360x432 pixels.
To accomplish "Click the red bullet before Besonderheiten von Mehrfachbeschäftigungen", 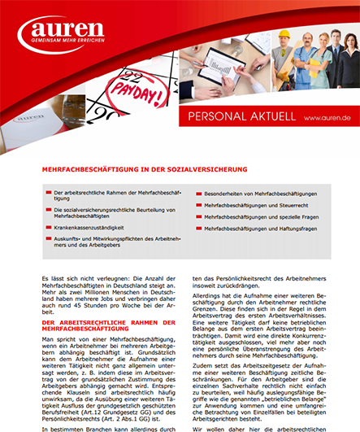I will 197,194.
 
